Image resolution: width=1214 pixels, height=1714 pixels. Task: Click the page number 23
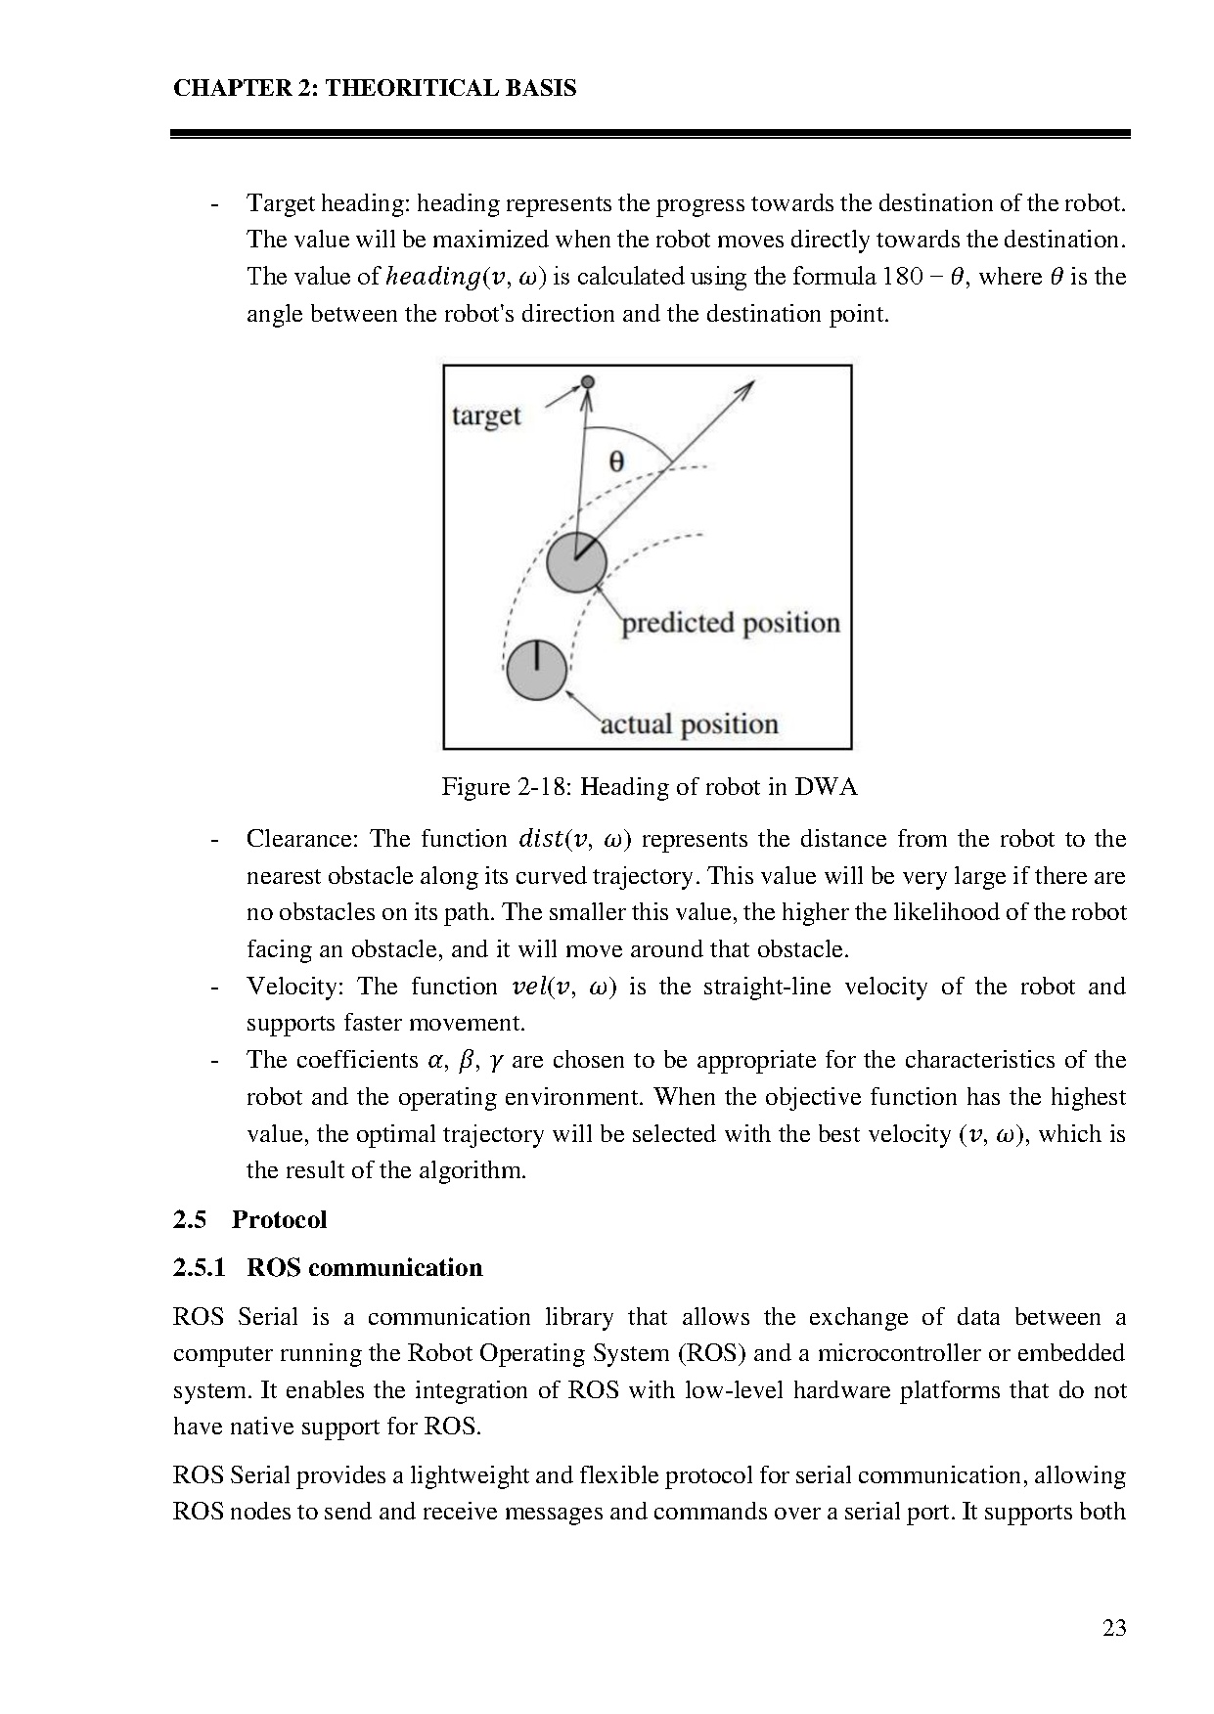[1114, 1628]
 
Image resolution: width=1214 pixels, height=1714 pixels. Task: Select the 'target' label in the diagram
[486, 416]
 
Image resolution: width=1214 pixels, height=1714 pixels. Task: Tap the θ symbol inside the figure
[616, 461]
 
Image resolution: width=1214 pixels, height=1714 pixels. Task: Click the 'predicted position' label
[731, 623]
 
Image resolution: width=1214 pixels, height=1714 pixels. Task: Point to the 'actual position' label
[689, 725]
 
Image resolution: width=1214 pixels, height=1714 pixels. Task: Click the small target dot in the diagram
[587, 381]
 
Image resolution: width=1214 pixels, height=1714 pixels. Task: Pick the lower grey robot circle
[536, 670]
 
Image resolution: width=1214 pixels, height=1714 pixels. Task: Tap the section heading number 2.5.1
[200, 1268]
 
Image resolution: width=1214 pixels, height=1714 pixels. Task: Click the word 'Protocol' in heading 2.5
[279, 1220]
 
